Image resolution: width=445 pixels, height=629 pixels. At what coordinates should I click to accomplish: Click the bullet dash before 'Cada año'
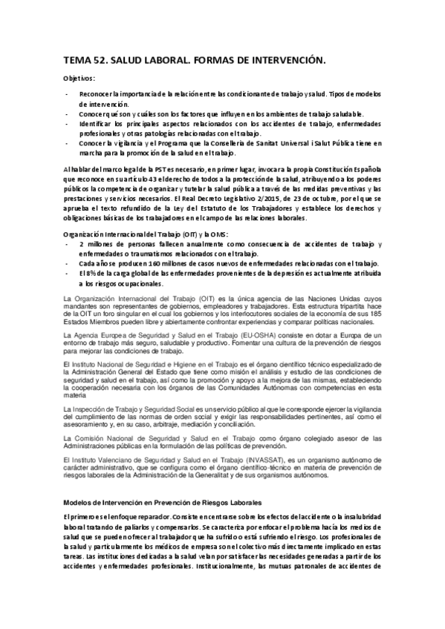coord(68,264)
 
